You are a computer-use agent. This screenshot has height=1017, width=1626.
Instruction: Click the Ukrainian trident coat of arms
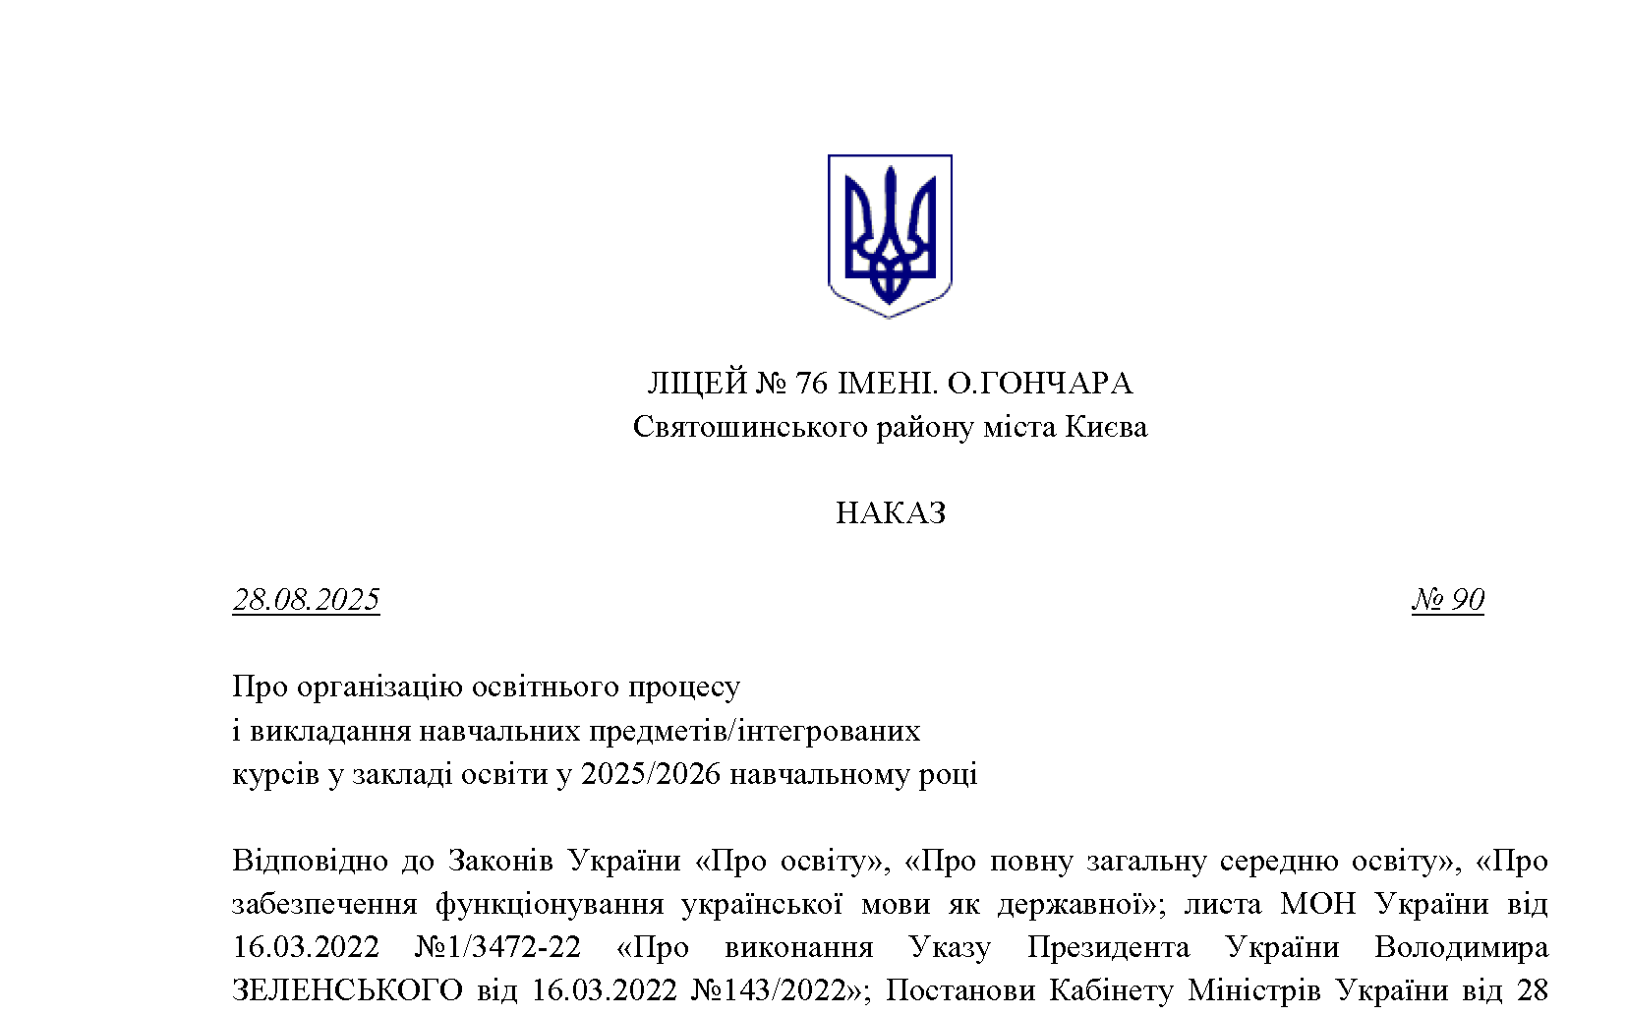(x=890, y=236)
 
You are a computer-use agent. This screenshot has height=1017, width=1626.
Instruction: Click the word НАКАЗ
(x=891, y=513)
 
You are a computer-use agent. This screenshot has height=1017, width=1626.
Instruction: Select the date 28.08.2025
(x=306, y=600)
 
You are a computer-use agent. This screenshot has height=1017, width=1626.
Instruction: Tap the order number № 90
(x=1447, y=600)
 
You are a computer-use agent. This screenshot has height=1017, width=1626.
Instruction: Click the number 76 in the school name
(x=811, y=384)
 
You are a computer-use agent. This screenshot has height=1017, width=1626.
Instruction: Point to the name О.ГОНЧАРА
(x=1039, y=384)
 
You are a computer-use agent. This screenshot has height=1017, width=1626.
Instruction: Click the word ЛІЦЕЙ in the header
(x=697, y=384)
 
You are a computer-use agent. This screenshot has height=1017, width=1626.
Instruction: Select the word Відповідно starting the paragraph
(x=309, y=861)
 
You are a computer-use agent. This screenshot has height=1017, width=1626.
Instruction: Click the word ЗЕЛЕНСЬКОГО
(x=346, y=989)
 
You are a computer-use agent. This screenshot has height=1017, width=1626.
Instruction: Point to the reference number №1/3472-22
(x=497, y=946)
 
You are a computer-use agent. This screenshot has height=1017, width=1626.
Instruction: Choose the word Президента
(x=1108, y=946)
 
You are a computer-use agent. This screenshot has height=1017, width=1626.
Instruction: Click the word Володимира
(x=1460, y=946)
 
